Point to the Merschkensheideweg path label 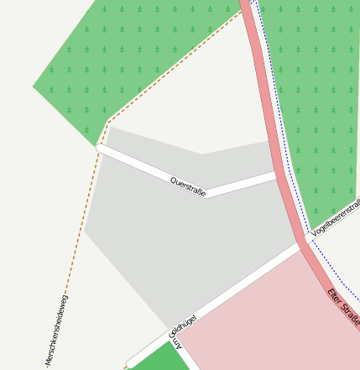57,331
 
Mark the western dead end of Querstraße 101,148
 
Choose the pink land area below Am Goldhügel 269,319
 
